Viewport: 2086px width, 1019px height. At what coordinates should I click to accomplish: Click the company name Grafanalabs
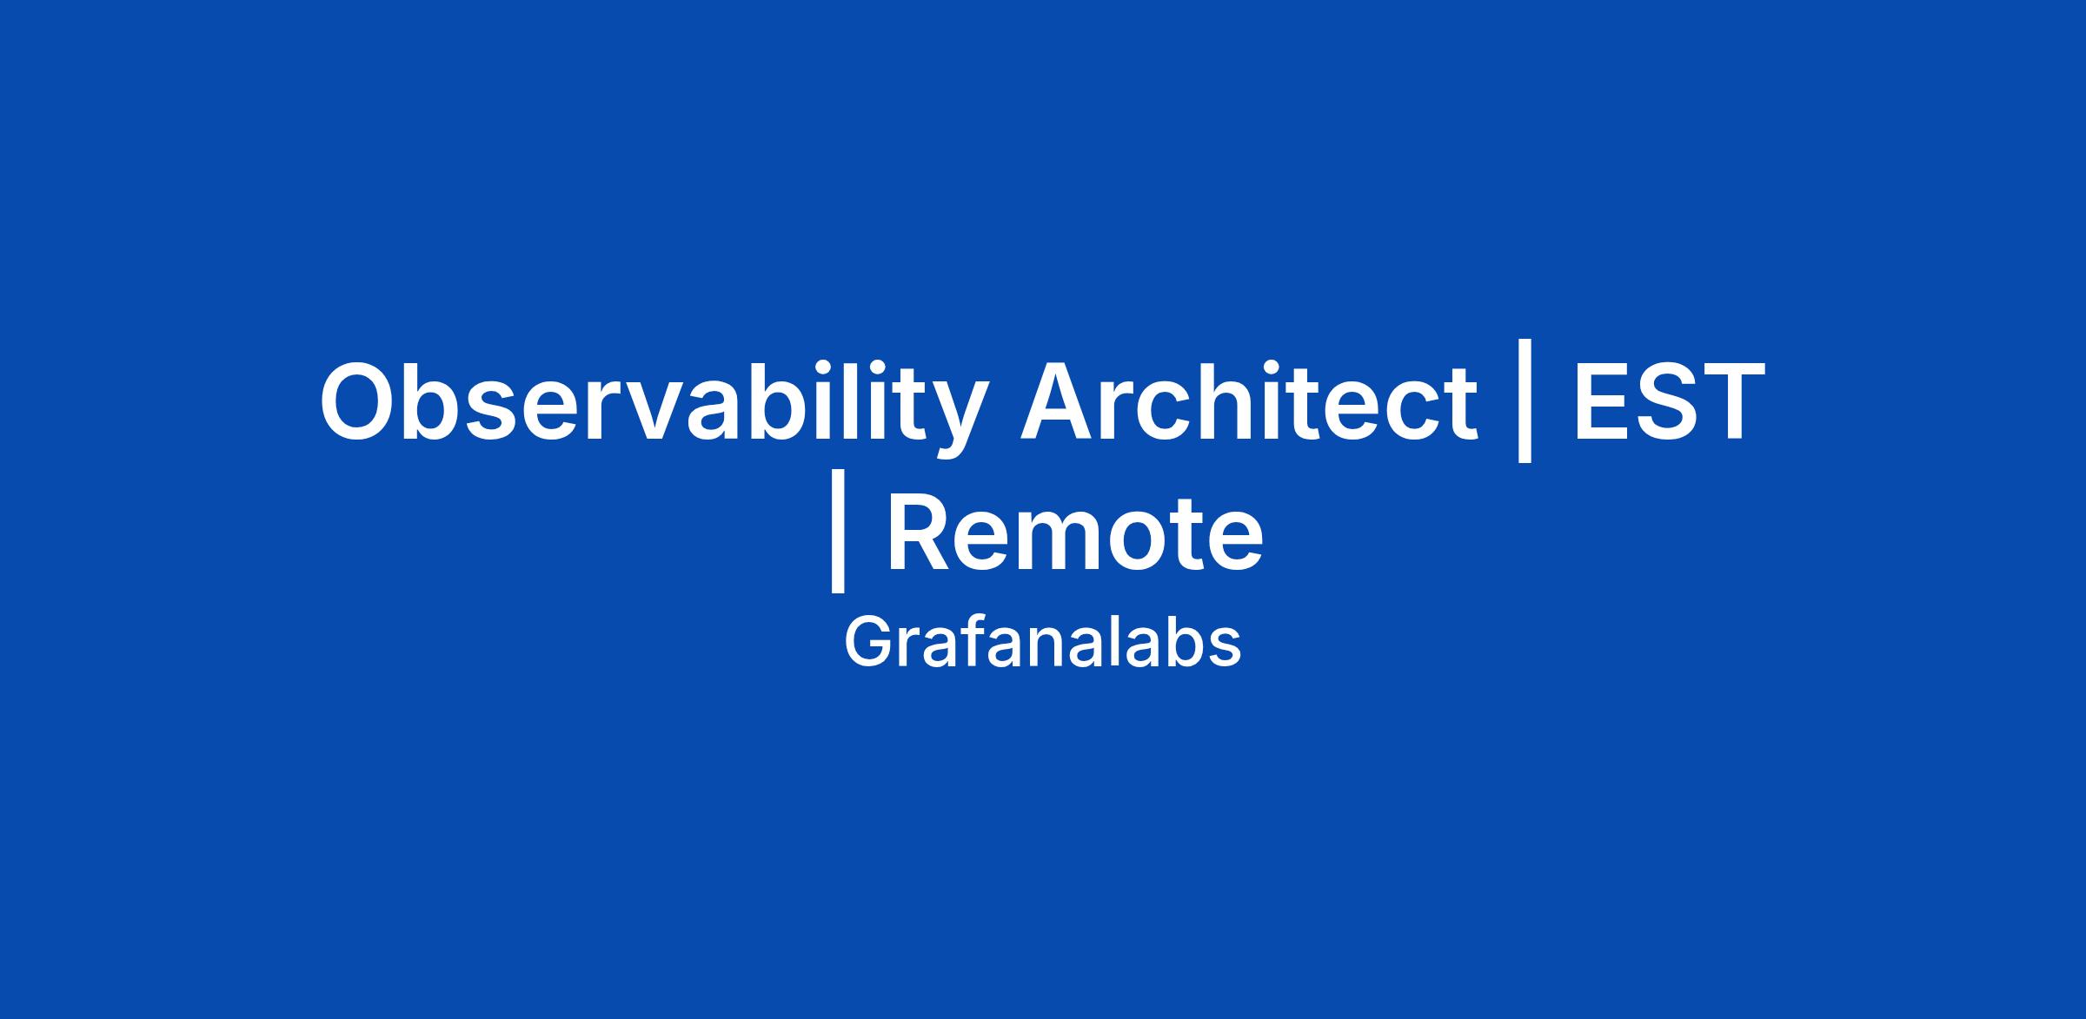[x=1042, y=644]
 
